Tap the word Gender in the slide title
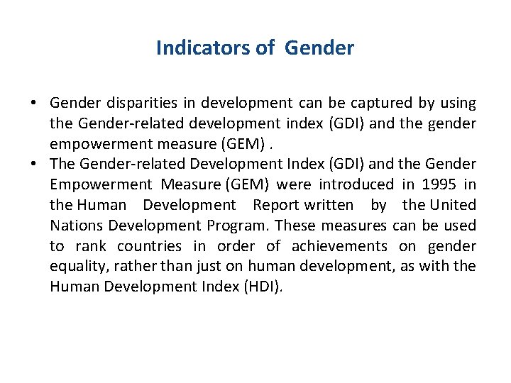[x=319, y=48]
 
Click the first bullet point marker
[x=34, y=104]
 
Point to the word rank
[x=90, y=247]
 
